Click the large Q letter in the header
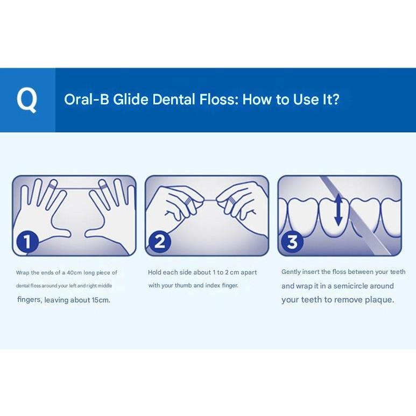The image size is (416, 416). pyautogui.click(x=27, y=100)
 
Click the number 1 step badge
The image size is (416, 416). pyautogui.click(x=27, y=242)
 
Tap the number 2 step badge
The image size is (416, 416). pyautogui.click(x=160, y=242)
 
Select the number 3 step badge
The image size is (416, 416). pyautogui.click(x=292, y=242)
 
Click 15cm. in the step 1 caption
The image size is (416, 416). pyautogui.click(x=101, y=300)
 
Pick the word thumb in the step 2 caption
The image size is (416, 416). pyautogui.click(x=184, y=285)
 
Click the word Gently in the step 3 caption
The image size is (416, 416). pyautogui.click(x=291, y=272)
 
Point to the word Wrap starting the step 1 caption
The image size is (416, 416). pyautogui.click(x=23, y=273)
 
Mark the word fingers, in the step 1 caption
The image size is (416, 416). pyautogui.click(x=30, y=300)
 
